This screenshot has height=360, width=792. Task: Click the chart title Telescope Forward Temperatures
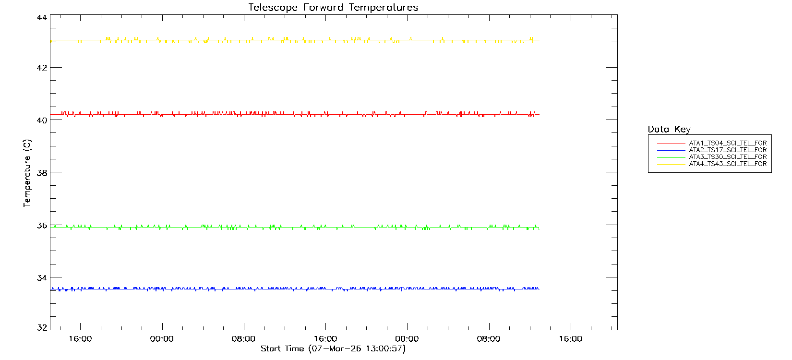click(333, 8)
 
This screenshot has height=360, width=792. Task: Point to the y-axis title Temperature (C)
click(27, 173)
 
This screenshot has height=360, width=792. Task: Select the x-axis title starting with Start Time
click(333, 348)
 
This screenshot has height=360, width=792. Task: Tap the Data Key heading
click(669, 129)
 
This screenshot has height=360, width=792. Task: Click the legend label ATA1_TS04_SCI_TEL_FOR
click(728, 143)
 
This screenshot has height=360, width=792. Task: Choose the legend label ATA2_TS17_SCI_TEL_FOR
click(728, 150)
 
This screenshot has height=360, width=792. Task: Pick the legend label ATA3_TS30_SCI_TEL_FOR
click(728, 157)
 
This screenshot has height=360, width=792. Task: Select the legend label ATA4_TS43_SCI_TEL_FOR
click(728, 164)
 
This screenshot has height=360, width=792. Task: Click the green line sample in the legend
click(671, 157)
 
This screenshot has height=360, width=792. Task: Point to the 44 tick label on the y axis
click(42, 18)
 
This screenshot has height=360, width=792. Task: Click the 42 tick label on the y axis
click(42, 68)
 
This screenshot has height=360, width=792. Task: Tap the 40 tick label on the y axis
click(42, 120)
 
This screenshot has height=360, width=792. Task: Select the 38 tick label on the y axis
click(42, 172)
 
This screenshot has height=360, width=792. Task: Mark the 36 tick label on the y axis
click(42, 225)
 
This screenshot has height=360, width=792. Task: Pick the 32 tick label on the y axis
click(42, 328)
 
